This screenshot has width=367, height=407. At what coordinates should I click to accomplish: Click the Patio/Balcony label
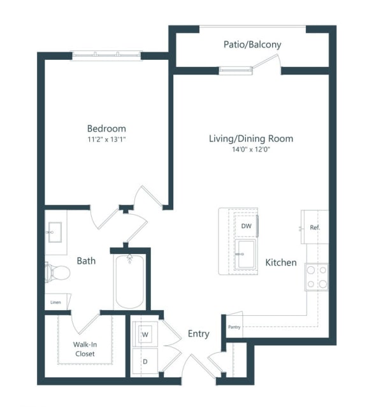click(x=252, y=45)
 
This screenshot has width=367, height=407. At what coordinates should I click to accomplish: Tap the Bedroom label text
click(x=106, y=128)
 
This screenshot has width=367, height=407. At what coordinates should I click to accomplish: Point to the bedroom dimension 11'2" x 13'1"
click(x=106, y=139)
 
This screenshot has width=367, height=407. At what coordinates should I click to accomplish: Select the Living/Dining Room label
click(x=251, y=138)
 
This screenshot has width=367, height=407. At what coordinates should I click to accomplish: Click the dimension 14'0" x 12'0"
click(x=251, y=149)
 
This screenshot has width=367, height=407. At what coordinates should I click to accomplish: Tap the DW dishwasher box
click(x=246, y=225)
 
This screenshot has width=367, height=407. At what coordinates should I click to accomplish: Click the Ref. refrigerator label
click(x=314, y=227)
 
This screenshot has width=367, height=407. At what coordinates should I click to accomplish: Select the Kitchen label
click(x=280, y=262)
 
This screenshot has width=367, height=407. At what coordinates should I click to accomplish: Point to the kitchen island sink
click(x=245, y=255)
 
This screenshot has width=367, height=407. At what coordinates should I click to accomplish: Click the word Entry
click(x=198, y=334)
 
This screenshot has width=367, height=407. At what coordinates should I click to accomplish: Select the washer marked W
click(x=145, y=334)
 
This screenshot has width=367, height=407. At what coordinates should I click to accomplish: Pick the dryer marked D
click(x=145, y=361)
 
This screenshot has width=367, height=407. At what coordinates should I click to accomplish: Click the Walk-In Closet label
click(x=84, y=349)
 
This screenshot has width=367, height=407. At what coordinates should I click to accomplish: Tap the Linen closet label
click(x=56, y=302)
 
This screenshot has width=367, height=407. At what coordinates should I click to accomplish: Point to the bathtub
click(x=130, y=281)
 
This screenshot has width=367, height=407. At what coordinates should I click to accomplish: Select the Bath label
click(x=86, y=261)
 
